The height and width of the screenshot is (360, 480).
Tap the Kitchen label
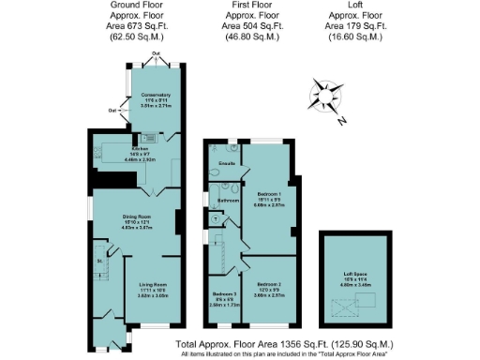141,148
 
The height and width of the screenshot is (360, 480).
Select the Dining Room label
137,216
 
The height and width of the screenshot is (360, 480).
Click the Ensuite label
225,164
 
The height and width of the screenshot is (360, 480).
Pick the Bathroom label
230,200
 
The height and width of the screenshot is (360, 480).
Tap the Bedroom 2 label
268,283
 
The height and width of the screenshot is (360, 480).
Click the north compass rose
325,97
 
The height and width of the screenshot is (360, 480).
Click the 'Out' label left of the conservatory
112,111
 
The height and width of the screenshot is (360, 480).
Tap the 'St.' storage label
97,262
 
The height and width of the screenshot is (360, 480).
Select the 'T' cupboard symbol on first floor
216,220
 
